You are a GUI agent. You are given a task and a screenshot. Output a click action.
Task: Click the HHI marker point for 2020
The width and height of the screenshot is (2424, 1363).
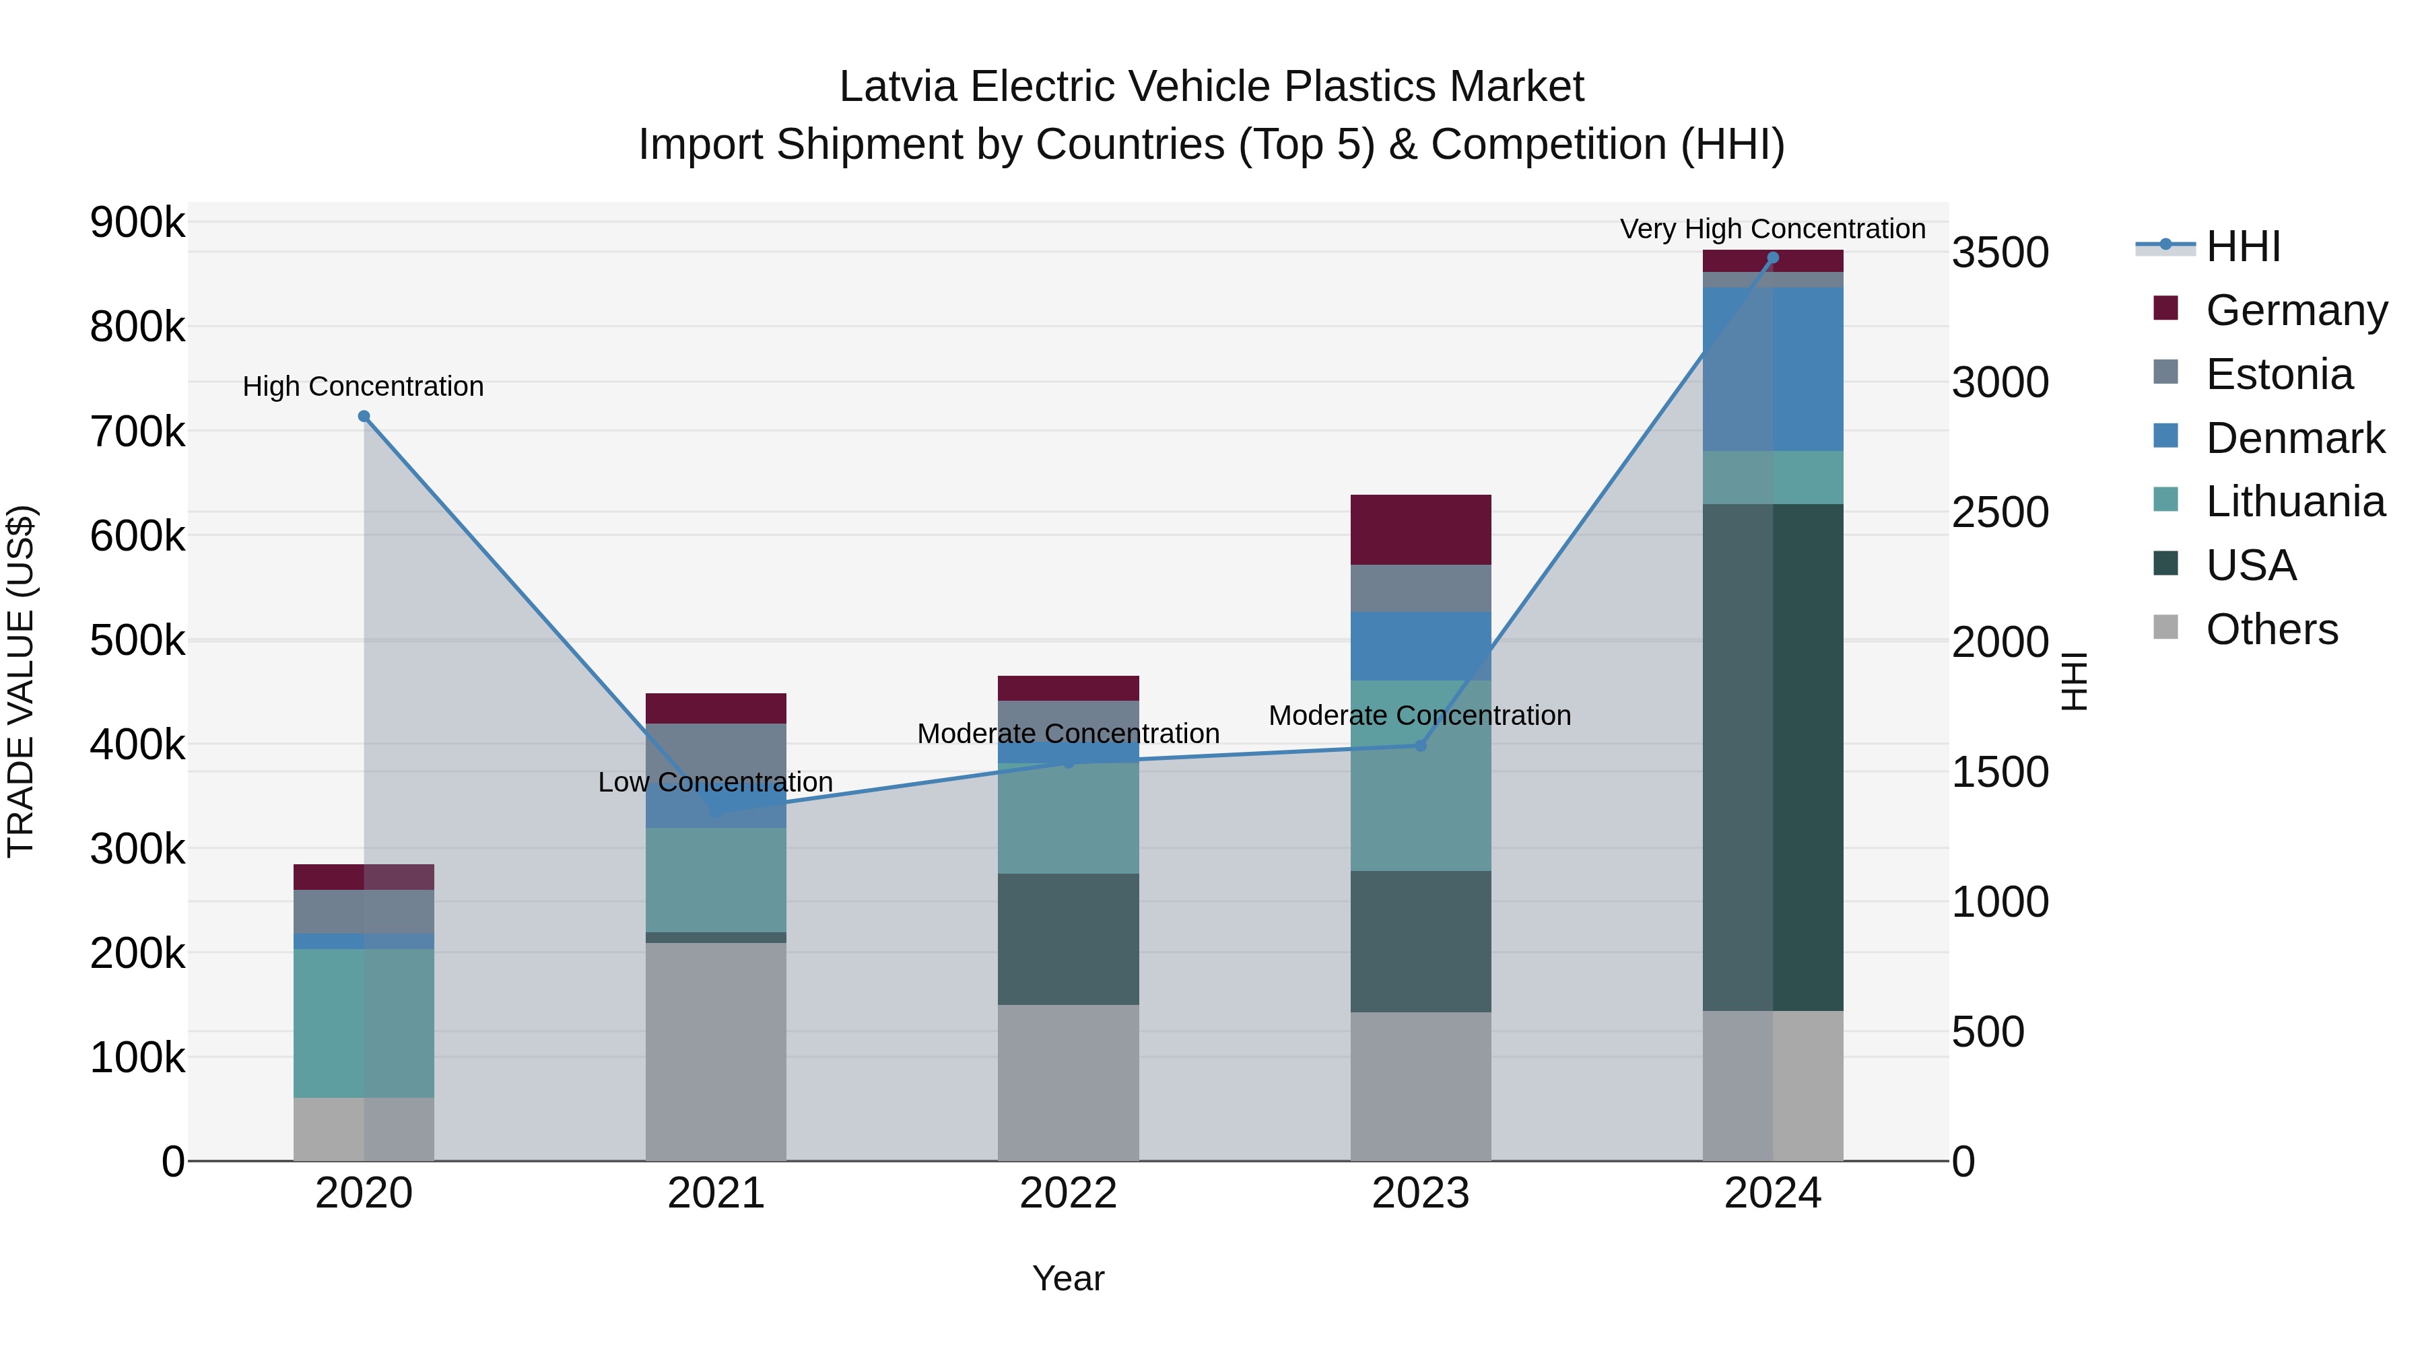click(x=364, y=417)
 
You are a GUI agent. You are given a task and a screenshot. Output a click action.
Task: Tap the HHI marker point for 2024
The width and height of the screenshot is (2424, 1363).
click(x=1773, y=258)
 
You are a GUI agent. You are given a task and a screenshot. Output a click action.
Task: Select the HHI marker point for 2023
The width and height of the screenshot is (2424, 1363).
click(x=1421, y=746)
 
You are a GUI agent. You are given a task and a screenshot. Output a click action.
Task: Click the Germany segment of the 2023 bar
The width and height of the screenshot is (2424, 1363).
click(x=1421, y=530)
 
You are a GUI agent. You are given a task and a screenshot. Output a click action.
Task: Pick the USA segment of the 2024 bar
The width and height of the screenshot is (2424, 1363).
click(x=1773, y=757)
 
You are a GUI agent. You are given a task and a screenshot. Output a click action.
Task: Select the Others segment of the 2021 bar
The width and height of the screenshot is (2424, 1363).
click(x=716, y=1051)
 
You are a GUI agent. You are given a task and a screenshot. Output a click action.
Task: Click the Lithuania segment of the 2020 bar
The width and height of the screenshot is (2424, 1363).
click(x=364, y=1023)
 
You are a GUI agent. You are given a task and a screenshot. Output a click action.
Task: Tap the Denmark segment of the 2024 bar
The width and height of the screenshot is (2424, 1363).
click(x=1773, y=369)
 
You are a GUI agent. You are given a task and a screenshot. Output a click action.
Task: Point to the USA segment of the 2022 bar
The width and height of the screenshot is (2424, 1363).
click(x=1068, y=939)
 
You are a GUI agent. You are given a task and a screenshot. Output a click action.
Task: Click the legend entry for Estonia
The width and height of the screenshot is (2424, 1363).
click(x=2278, y=374)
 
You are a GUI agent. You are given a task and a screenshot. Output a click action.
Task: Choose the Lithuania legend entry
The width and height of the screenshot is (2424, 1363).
click(x=2294, y=502)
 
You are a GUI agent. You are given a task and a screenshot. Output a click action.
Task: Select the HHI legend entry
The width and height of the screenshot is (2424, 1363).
click(x=2242, y=246)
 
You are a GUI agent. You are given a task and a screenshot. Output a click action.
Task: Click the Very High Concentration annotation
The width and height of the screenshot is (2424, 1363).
click(x=1772, y=230)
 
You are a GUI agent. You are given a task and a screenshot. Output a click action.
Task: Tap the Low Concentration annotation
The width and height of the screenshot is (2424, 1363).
click(x=715, y=783)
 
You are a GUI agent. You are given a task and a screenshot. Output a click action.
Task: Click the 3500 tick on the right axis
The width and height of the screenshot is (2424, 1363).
click(x=2000, y=253)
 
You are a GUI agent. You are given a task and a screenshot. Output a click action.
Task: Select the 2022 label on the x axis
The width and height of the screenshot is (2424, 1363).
click(x=1068, y=1193)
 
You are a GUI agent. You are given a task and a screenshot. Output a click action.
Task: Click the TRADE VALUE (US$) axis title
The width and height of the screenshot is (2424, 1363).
click(x=21, y=681)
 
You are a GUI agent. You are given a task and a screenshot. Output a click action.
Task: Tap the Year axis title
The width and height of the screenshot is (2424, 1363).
click(x=1068, y=1278)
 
